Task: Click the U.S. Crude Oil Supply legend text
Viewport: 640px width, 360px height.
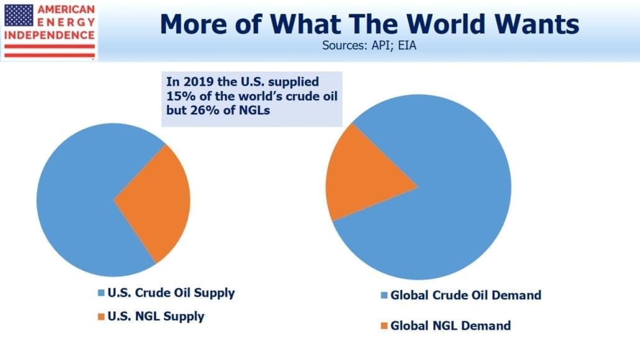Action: [x=171, y=293]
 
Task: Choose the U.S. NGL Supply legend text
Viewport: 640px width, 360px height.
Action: [x=156, y=316]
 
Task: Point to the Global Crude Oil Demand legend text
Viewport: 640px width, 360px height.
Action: [x=466, y=295]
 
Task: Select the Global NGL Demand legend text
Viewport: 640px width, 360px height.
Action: [x=450, y=326]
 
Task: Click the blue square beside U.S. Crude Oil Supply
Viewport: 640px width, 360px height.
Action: [x=101, y=293]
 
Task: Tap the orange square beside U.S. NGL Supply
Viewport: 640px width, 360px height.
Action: [x=101, y=316]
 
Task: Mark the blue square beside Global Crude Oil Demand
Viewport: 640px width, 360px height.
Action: [x=384, y=295]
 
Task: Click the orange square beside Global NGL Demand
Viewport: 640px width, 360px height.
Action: [x=384, y=326]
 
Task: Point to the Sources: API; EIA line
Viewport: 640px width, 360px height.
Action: [x=369, y=45]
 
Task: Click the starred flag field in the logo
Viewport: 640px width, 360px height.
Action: [x=19, y=16]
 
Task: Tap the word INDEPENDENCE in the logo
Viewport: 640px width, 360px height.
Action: [x=49, y=35]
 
